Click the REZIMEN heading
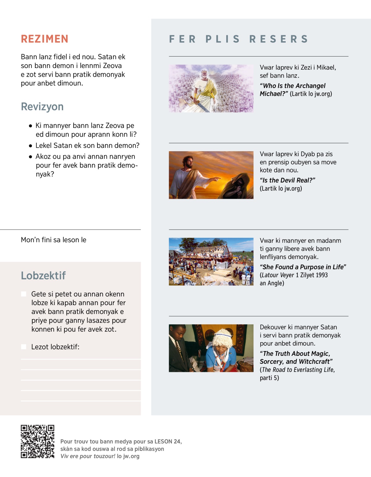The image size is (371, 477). [x=45, y=39]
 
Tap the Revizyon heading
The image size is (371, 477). [x=42, y=107]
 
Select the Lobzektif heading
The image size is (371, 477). [x=43, y=275]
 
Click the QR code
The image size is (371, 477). [x=37, y=441]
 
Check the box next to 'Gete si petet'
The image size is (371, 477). [x=23, y=294]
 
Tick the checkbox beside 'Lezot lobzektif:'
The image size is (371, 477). [x=23, y=347]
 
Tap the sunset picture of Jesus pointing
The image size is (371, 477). [x=211, y=175]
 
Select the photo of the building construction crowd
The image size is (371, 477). [x=211, y=262]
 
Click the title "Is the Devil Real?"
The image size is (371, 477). [x=287, y=180]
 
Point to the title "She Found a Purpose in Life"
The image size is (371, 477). [x=303, y=267]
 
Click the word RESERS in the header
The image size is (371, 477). [x=279, y=39]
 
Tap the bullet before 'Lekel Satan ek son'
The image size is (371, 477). [x=30, y=146]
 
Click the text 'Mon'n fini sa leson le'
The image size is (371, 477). [x=53, y=240]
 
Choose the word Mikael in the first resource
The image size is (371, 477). [x=326, y=67]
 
